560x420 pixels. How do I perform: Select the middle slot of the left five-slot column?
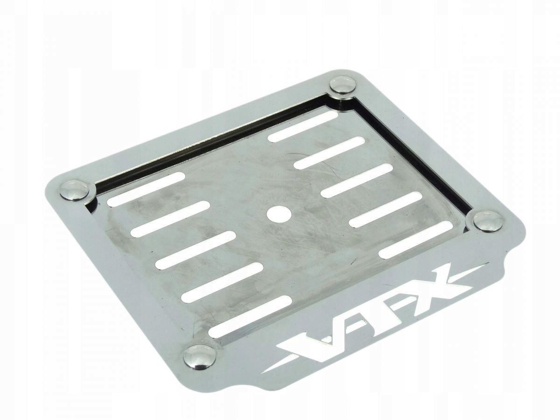pos(196,250)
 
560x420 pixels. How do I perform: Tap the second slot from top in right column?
pos(329,154)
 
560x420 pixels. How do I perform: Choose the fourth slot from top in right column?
pos(385,209)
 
